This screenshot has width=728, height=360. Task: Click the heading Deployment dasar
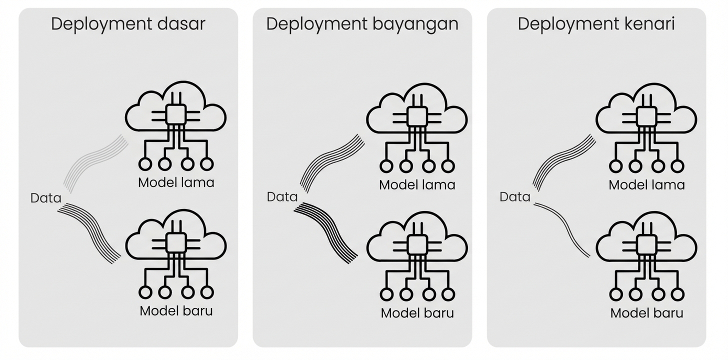click(x=128, y=24)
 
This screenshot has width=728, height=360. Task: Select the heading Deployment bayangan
click(x=362, y=24)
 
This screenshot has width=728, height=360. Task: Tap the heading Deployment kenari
click(x=596, y=24)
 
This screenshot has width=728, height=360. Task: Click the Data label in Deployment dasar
click(x=45, y=198)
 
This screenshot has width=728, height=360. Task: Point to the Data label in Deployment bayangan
click(x=282, y=196)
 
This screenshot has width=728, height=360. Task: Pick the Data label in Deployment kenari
click(x=514, y=196)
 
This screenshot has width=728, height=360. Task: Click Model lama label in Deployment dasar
click(x=176, y=182)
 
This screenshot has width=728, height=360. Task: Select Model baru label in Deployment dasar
click(x=176, y=310)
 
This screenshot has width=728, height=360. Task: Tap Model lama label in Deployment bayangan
click(x=417, y=184)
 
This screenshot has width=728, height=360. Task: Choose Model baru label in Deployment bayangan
click(x=417, y=313)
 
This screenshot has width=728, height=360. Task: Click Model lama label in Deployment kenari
click(x=646, y=184)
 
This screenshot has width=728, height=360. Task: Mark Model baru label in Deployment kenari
click(x=646, y=313)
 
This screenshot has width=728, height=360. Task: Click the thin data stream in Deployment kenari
click(x=562, y=227)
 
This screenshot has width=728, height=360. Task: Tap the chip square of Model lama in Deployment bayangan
click(x=417, y=116)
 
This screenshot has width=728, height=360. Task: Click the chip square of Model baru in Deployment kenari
click(x=646, y=244)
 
